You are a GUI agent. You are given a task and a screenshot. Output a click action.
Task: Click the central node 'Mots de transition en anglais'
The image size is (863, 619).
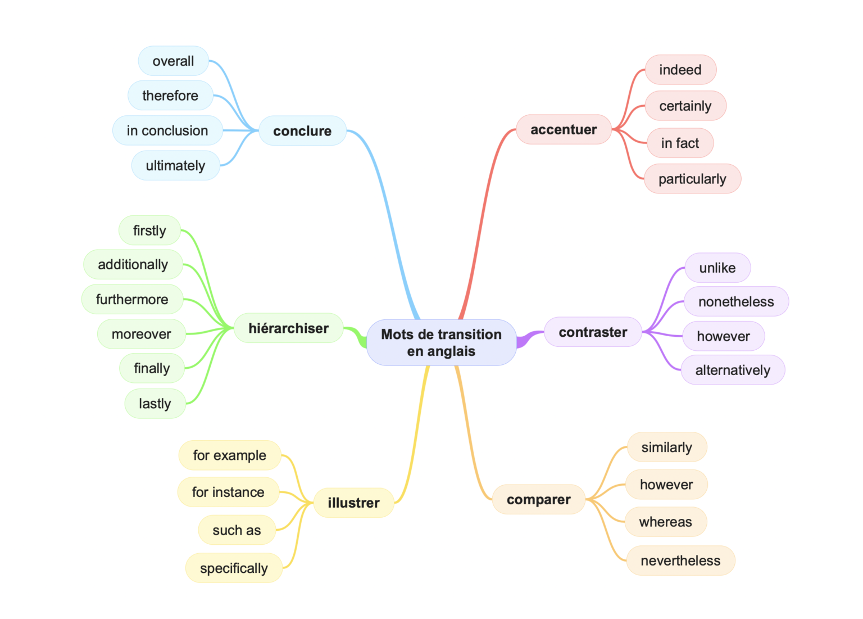[441, 342]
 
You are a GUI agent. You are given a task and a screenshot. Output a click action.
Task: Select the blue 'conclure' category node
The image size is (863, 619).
[302, 131]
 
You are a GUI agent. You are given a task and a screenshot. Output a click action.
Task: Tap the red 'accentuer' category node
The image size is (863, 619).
[564, 130]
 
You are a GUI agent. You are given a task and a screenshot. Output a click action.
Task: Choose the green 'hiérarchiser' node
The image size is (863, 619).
[288, 328]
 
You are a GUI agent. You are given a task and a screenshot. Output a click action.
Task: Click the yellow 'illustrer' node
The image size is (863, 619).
[353, 503]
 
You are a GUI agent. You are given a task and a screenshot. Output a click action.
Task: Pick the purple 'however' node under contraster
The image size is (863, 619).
[723, 336]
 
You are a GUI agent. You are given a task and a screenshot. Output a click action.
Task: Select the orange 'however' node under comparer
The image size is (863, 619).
[666, 485]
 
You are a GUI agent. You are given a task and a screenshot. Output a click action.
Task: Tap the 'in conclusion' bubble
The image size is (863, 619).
[167, 130]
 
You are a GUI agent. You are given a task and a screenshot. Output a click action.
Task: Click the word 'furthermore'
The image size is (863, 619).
[132, 299]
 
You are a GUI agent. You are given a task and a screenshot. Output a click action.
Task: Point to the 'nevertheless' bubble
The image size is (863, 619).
[680, 561]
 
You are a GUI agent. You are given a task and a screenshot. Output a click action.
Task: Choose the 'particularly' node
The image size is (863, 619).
[692, 179]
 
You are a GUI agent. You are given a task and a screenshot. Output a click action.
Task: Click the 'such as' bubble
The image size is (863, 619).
[237, 530]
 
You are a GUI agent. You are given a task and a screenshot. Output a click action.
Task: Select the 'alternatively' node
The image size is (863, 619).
[733, 370]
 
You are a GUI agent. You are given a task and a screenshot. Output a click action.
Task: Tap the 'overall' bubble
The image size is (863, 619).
[173, 61]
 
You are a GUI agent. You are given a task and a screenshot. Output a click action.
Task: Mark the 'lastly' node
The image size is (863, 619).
[155, 404]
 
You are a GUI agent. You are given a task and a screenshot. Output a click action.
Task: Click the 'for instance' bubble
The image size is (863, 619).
[228, 492]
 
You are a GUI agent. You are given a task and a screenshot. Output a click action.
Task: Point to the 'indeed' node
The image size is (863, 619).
[680, 70]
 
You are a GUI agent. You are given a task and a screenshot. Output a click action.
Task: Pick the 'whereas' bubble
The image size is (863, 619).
[666, 522]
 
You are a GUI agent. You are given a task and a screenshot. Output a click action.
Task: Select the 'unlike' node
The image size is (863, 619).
[717, 268]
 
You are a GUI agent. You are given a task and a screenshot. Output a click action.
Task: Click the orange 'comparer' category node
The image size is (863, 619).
[538, 499]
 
